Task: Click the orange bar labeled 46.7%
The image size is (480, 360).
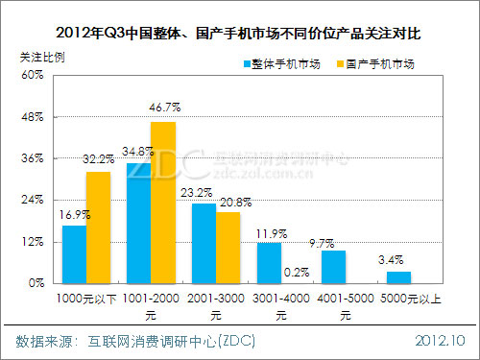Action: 163,203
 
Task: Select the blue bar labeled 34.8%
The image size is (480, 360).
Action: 138,223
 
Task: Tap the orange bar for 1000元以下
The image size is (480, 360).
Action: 98,228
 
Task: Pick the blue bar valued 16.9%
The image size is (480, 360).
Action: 74,254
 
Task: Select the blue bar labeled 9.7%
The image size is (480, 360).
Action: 333,267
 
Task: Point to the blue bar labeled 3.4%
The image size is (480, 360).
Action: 398,277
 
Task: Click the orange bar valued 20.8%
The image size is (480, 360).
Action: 228,248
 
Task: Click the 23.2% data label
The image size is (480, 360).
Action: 204,193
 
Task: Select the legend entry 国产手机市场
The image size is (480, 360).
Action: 374,64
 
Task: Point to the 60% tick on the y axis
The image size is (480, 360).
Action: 32,75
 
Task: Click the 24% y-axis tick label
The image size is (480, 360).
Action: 32,200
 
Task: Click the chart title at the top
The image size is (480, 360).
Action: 240,33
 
